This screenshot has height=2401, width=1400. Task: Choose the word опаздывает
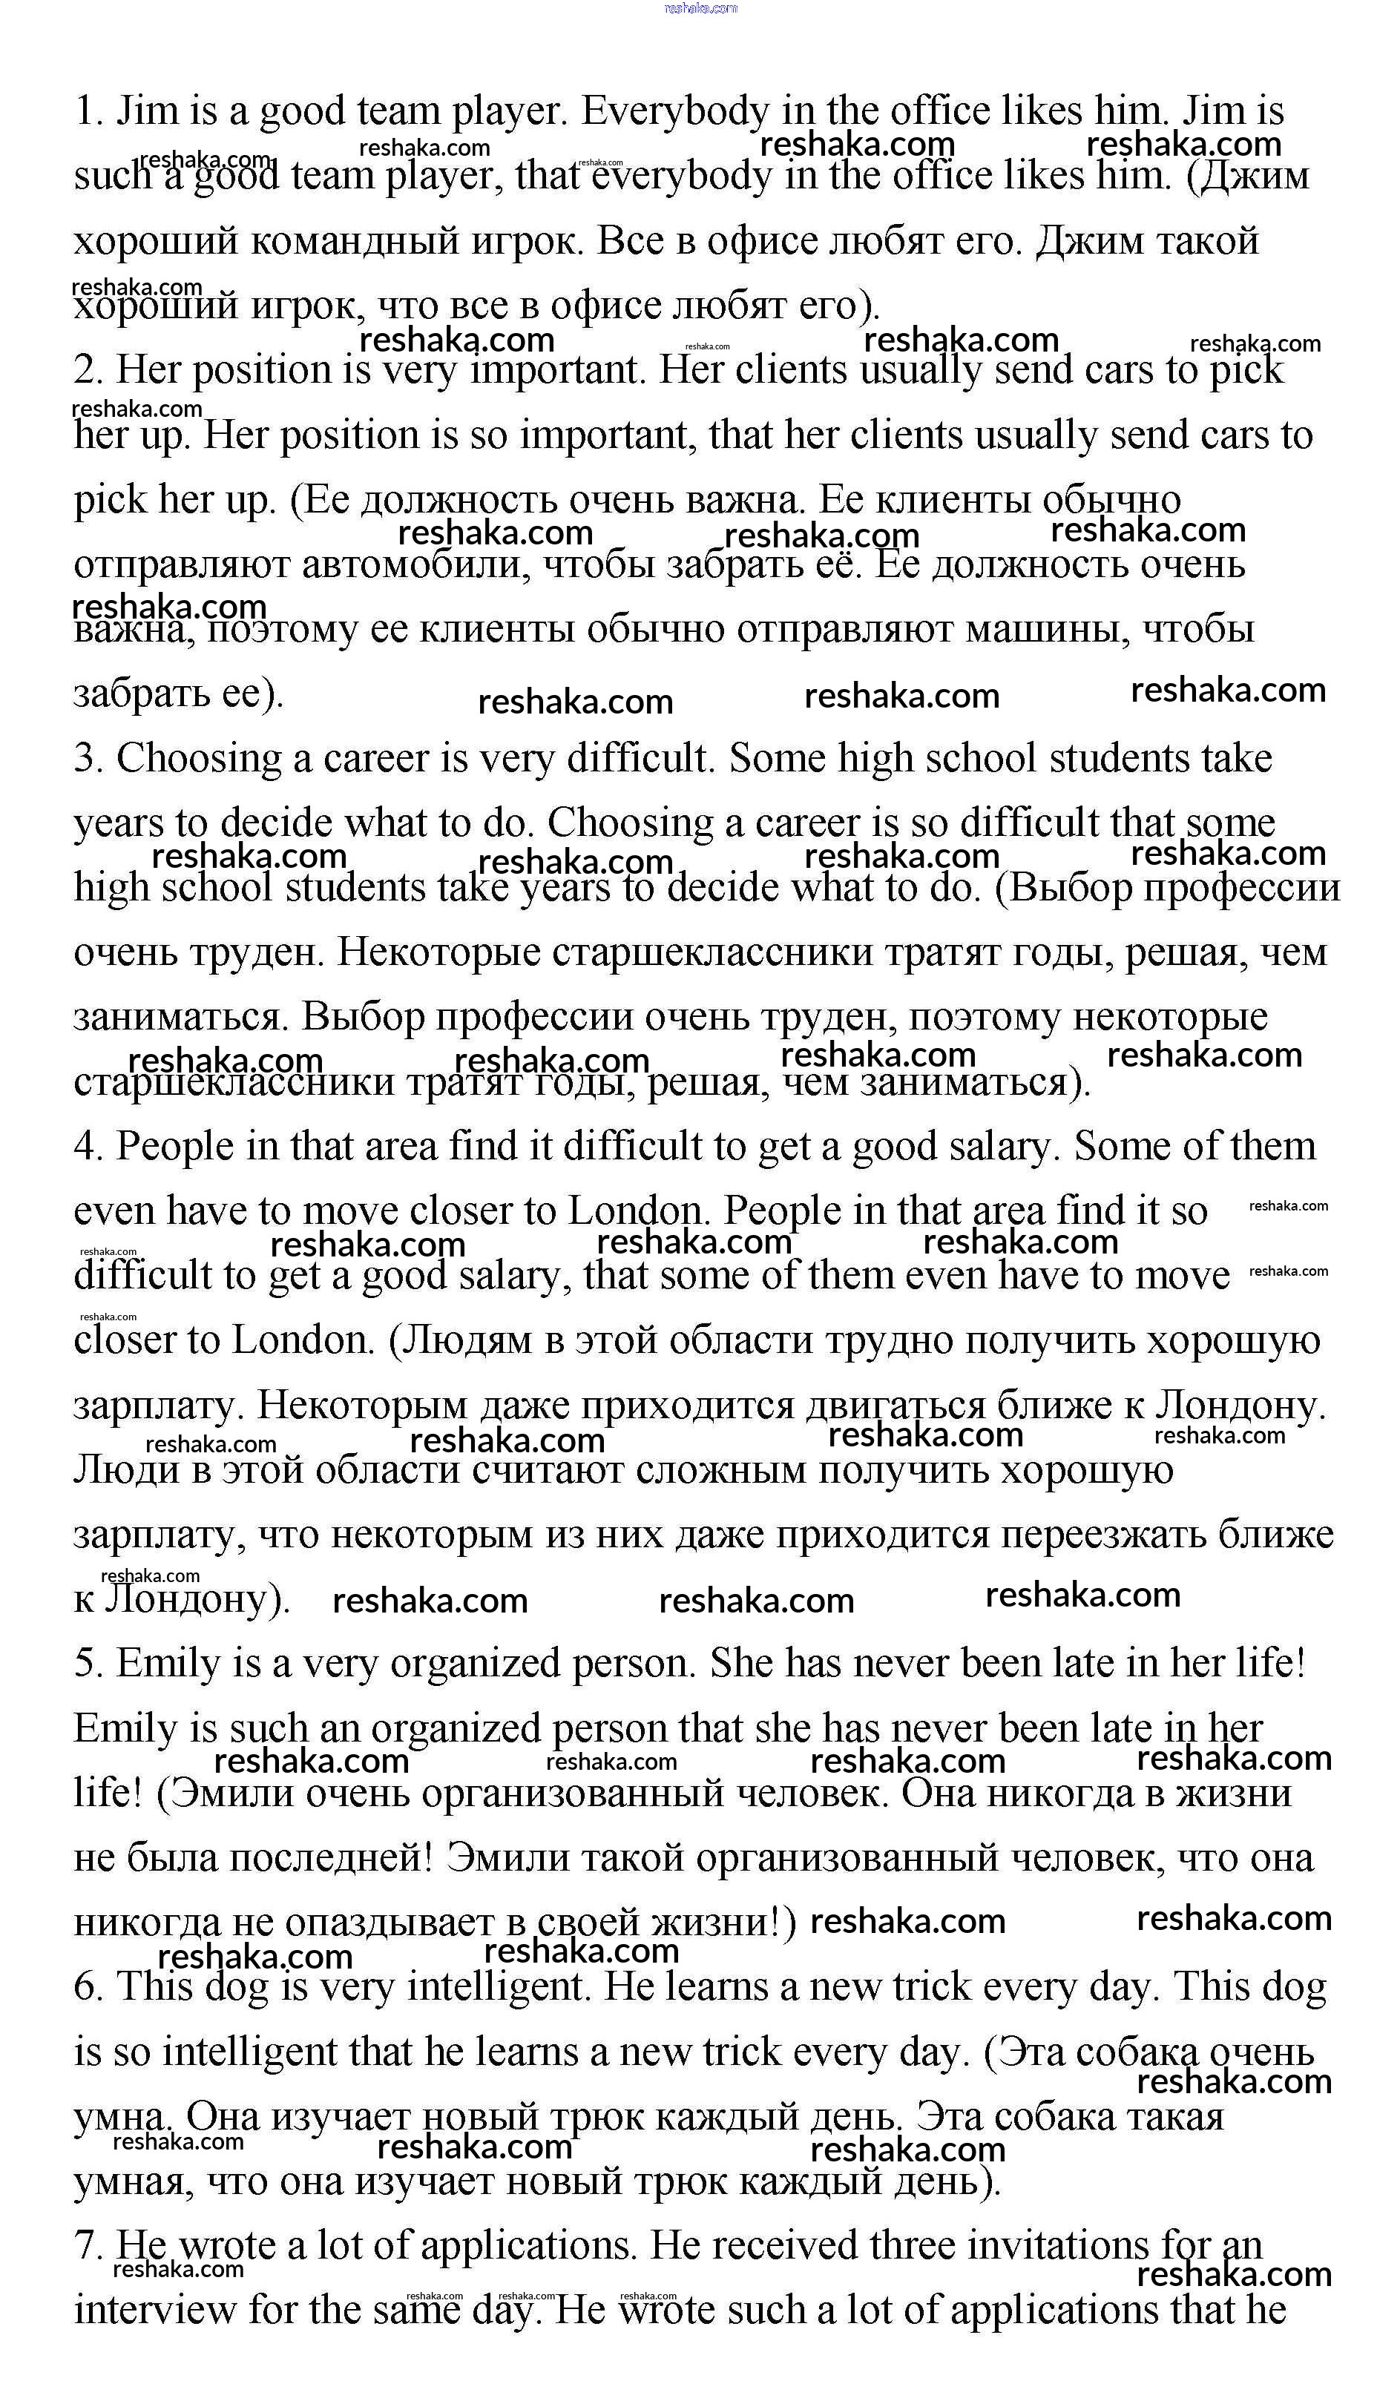pyautogui.click(x=395, y=1923)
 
